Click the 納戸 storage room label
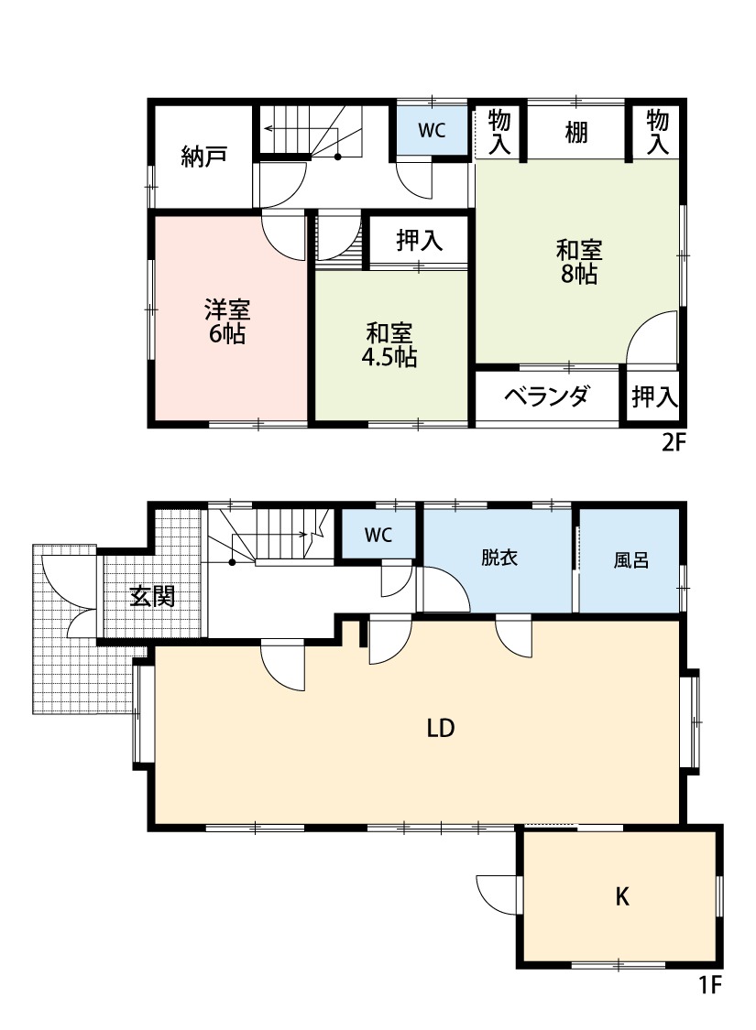[x=203, y=157]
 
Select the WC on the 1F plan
[x=378, y=536]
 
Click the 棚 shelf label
[x=575, y=133]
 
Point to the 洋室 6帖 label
[x=226, y=320]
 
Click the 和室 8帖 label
[x=579, y=261]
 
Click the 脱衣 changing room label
[x=499, y=558]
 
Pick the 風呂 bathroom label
[x=631, y=559]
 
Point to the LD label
[x=441, y=729]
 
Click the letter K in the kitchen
[x=621, y=897]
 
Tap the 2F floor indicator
[x=674, y=443]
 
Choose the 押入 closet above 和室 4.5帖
[x=419, y=241]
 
